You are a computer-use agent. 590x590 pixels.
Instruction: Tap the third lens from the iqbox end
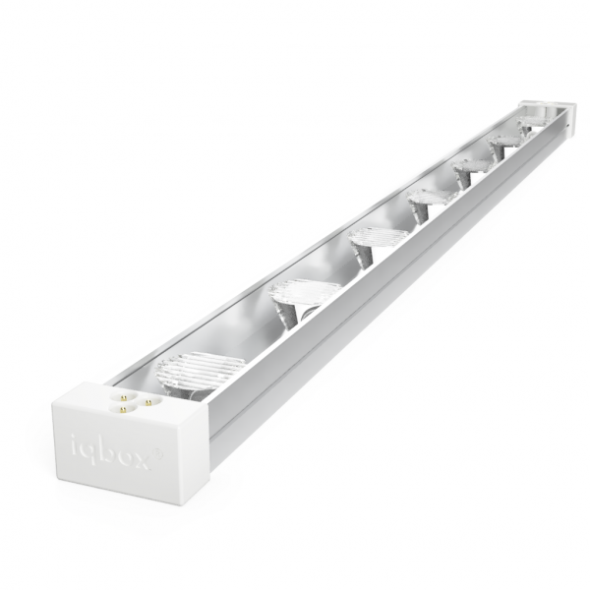click(x=376, y=238)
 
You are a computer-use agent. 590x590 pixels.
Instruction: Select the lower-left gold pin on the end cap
click(x=122, y=408)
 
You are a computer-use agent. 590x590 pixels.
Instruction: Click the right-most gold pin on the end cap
click(x=147, y=402)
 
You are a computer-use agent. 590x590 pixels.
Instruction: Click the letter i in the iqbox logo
click(x=76, y=448)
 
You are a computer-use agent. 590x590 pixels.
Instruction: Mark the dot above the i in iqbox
click(x=75, y=438)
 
